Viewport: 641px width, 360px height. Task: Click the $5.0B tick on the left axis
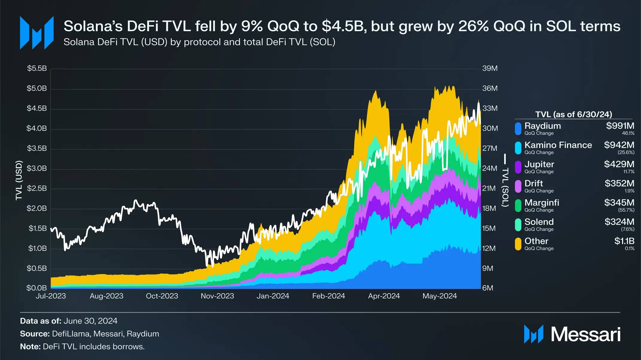[37, 88]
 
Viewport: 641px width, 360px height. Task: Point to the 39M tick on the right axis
[490, 68]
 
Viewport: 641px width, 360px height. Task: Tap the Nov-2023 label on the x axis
[217, 296]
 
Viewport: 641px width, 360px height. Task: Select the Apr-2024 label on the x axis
[384, 296]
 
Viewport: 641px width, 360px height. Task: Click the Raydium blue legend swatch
[518, 129]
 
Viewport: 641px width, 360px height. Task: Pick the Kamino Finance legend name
[558, 145]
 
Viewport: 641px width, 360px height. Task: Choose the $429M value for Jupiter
[619, 164]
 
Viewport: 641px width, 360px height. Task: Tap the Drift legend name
[534, 183]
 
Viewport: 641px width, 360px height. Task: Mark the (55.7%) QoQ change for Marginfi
[626, 210]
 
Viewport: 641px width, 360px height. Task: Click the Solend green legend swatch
[518, 225]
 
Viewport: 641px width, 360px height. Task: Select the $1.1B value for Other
[624, 241]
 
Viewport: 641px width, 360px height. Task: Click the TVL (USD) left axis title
[19, 180]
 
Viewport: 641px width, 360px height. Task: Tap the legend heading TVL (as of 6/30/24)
[573, 114]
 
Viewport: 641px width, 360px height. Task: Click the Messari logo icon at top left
[37, 33]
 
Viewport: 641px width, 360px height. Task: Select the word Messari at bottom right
[586, 334]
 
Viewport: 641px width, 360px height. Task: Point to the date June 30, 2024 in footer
[90, 321]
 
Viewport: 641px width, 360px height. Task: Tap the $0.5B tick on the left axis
[37, 268]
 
